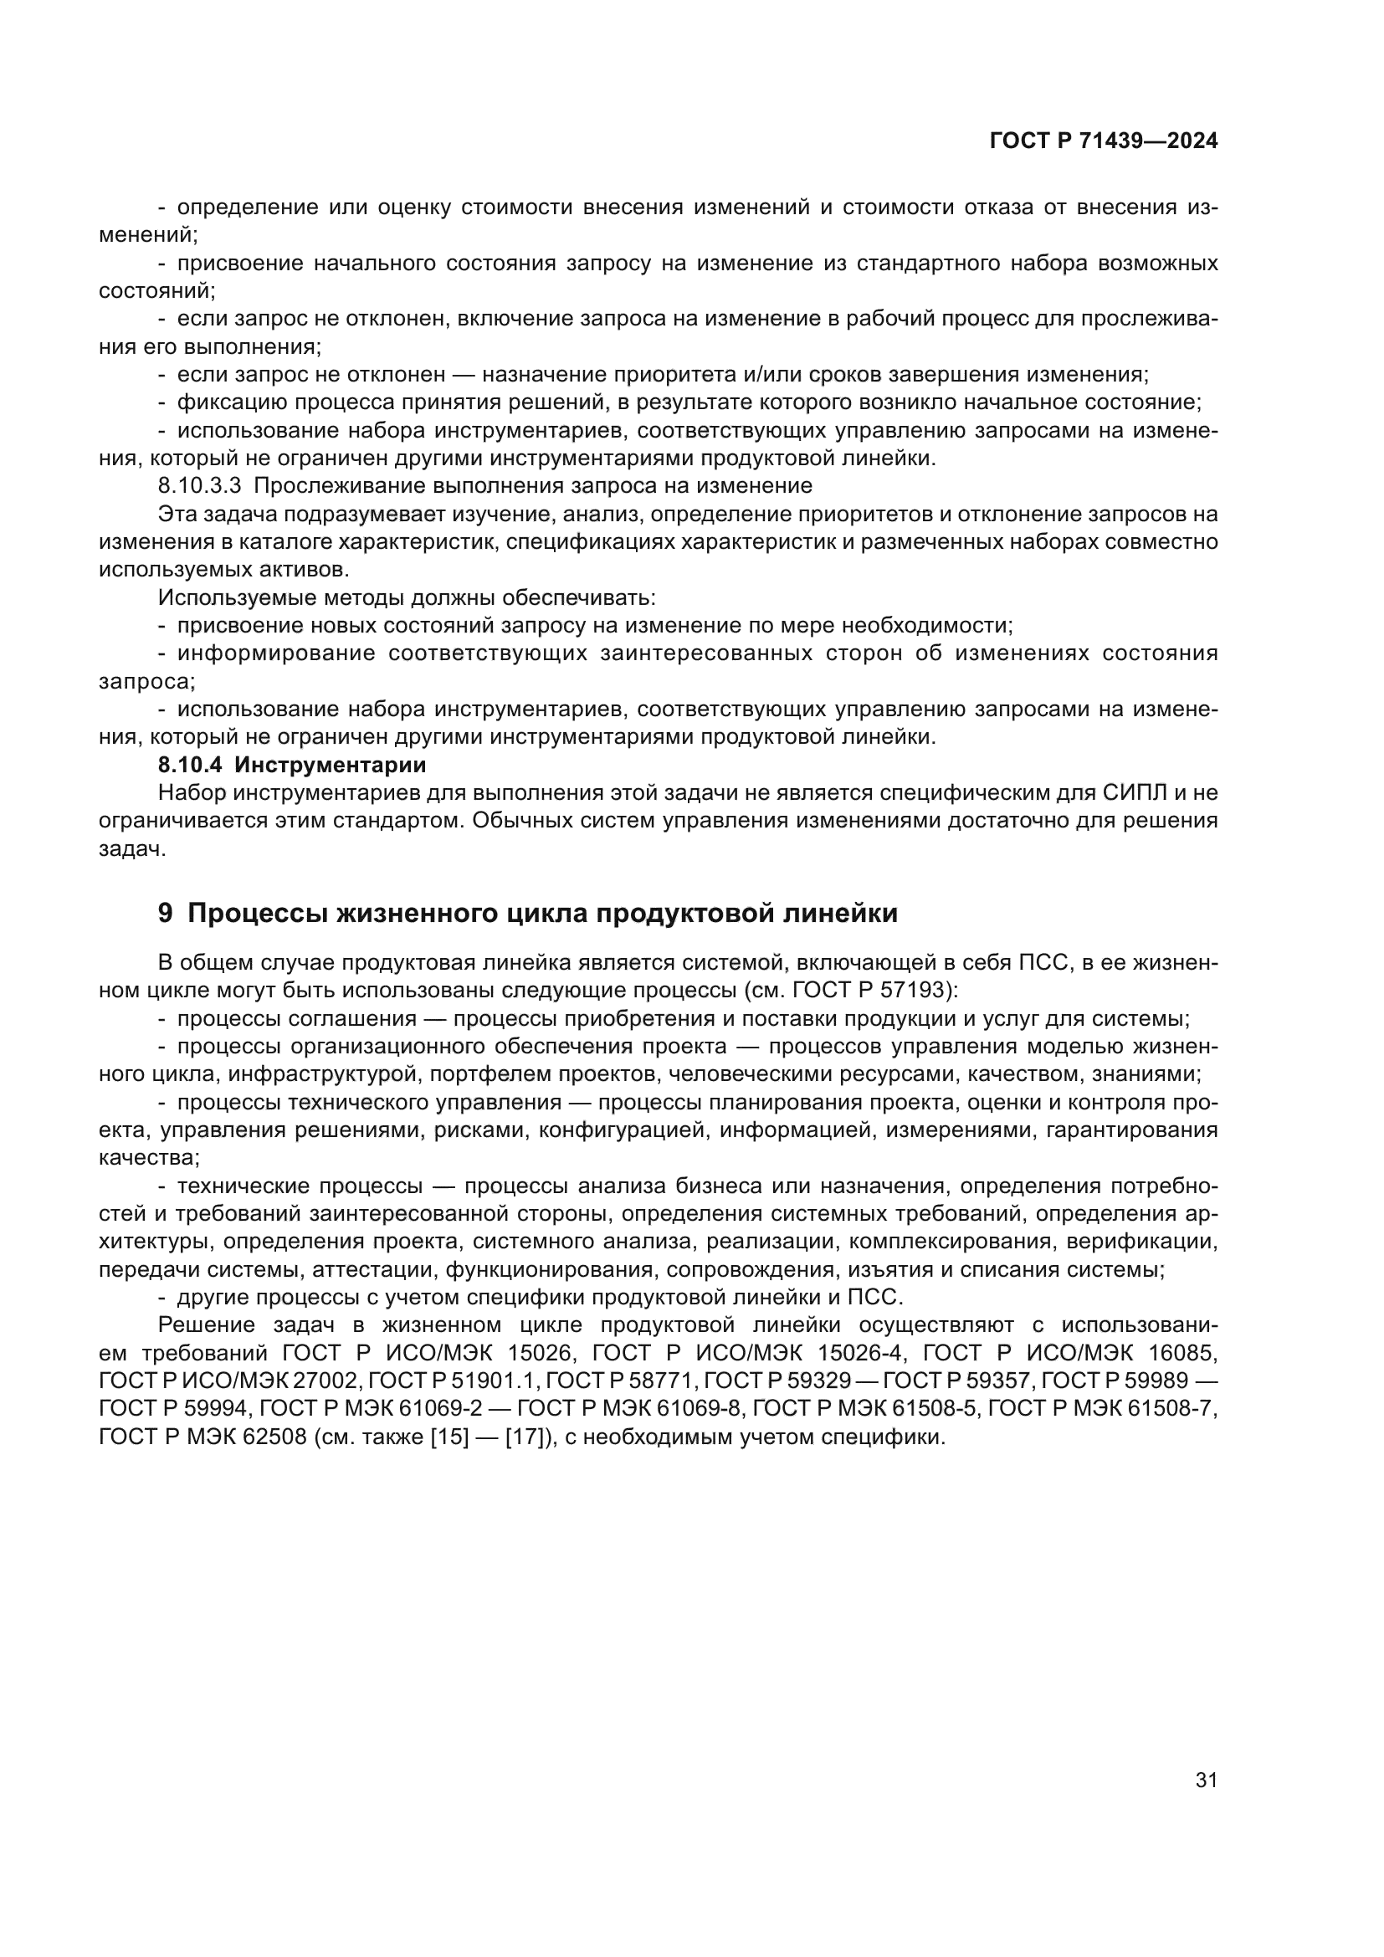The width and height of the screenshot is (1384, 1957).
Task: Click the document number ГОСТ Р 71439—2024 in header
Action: [x=1104, y=141]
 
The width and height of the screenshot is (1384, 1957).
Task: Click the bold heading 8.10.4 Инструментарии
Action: [x=291, y=765]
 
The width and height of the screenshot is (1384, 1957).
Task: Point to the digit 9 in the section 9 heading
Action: [x=166, y=914]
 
